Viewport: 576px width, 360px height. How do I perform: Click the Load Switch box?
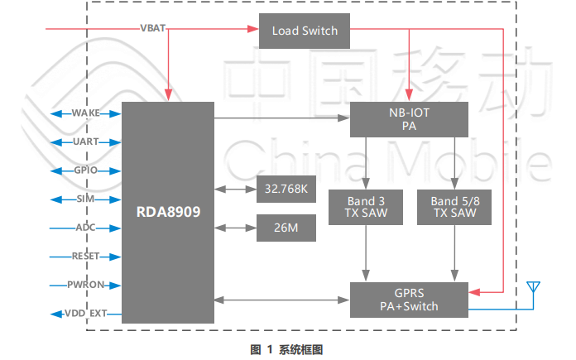coord(305,31)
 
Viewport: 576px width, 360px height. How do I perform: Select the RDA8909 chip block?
coord(168,212)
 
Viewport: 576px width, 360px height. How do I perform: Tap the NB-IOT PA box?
coord(409,119)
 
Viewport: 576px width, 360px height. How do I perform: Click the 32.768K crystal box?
coord(286,190)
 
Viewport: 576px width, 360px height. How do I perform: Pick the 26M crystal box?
coord(286,228)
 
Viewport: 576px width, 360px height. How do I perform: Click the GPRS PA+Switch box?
coord(409,300)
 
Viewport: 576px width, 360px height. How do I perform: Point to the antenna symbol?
coord(534,290)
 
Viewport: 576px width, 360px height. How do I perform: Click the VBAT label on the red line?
coord(153,28)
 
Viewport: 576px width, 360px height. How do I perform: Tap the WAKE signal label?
coord(86,113)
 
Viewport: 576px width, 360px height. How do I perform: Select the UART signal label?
coord(86,142)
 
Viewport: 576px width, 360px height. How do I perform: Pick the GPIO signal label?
coord(86,170)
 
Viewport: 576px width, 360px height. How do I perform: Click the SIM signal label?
coord(86,199)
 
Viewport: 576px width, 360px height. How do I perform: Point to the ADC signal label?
coord(86,228)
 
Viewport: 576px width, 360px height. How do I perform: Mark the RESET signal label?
coord(86,257)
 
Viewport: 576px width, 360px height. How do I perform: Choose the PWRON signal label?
coord(86,286)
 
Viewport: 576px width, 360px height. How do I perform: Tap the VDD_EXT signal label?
coord(86,314)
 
